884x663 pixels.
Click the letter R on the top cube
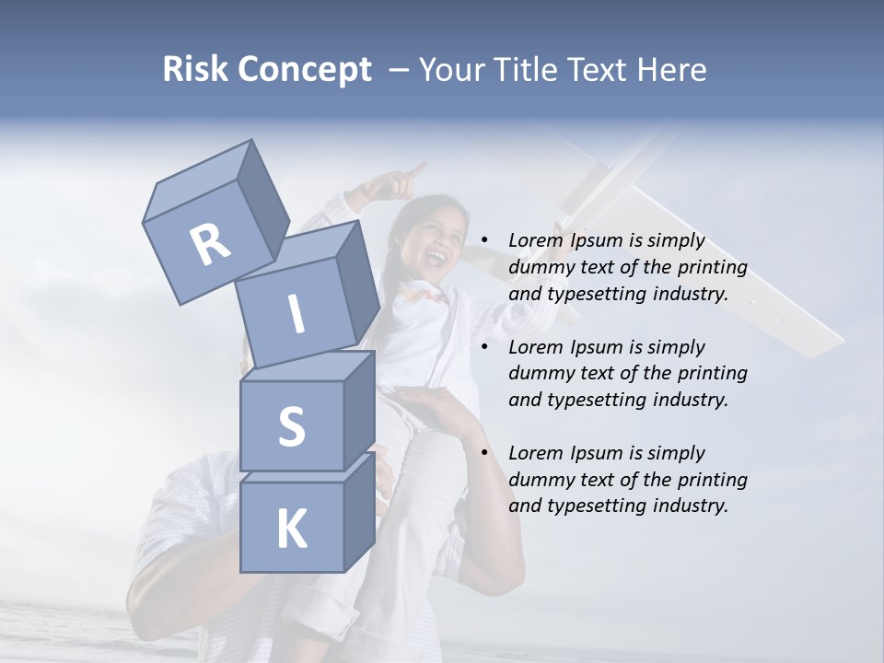(211, 245)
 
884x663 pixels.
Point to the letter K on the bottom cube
(291, 529)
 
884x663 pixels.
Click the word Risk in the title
(195, 70)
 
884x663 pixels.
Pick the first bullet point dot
(483, 240)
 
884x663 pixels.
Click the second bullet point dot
(483, 347)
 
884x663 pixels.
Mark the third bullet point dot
(483, 453)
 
